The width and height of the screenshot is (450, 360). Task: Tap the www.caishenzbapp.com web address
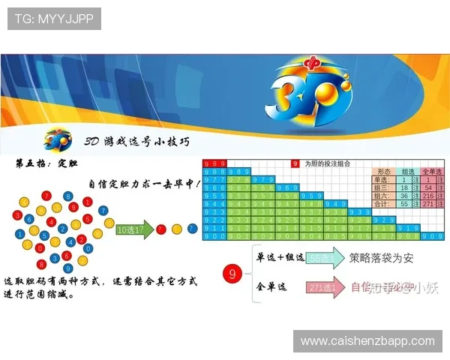coord(367,341)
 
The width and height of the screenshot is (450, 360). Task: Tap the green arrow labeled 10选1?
coord(133,229)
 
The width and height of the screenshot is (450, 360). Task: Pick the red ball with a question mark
coord(161,229)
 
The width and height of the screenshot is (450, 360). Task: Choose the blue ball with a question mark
coord(193,229)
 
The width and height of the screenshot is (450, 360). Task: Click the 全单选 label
coord(272,287)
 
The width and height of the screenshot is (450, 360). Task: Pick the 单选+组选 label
coord(280,257)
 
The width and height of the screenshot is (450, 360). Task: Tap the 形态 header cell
coord(384,171)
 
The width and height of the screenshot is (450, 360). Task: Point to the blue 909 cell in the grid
coord(430,235)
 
